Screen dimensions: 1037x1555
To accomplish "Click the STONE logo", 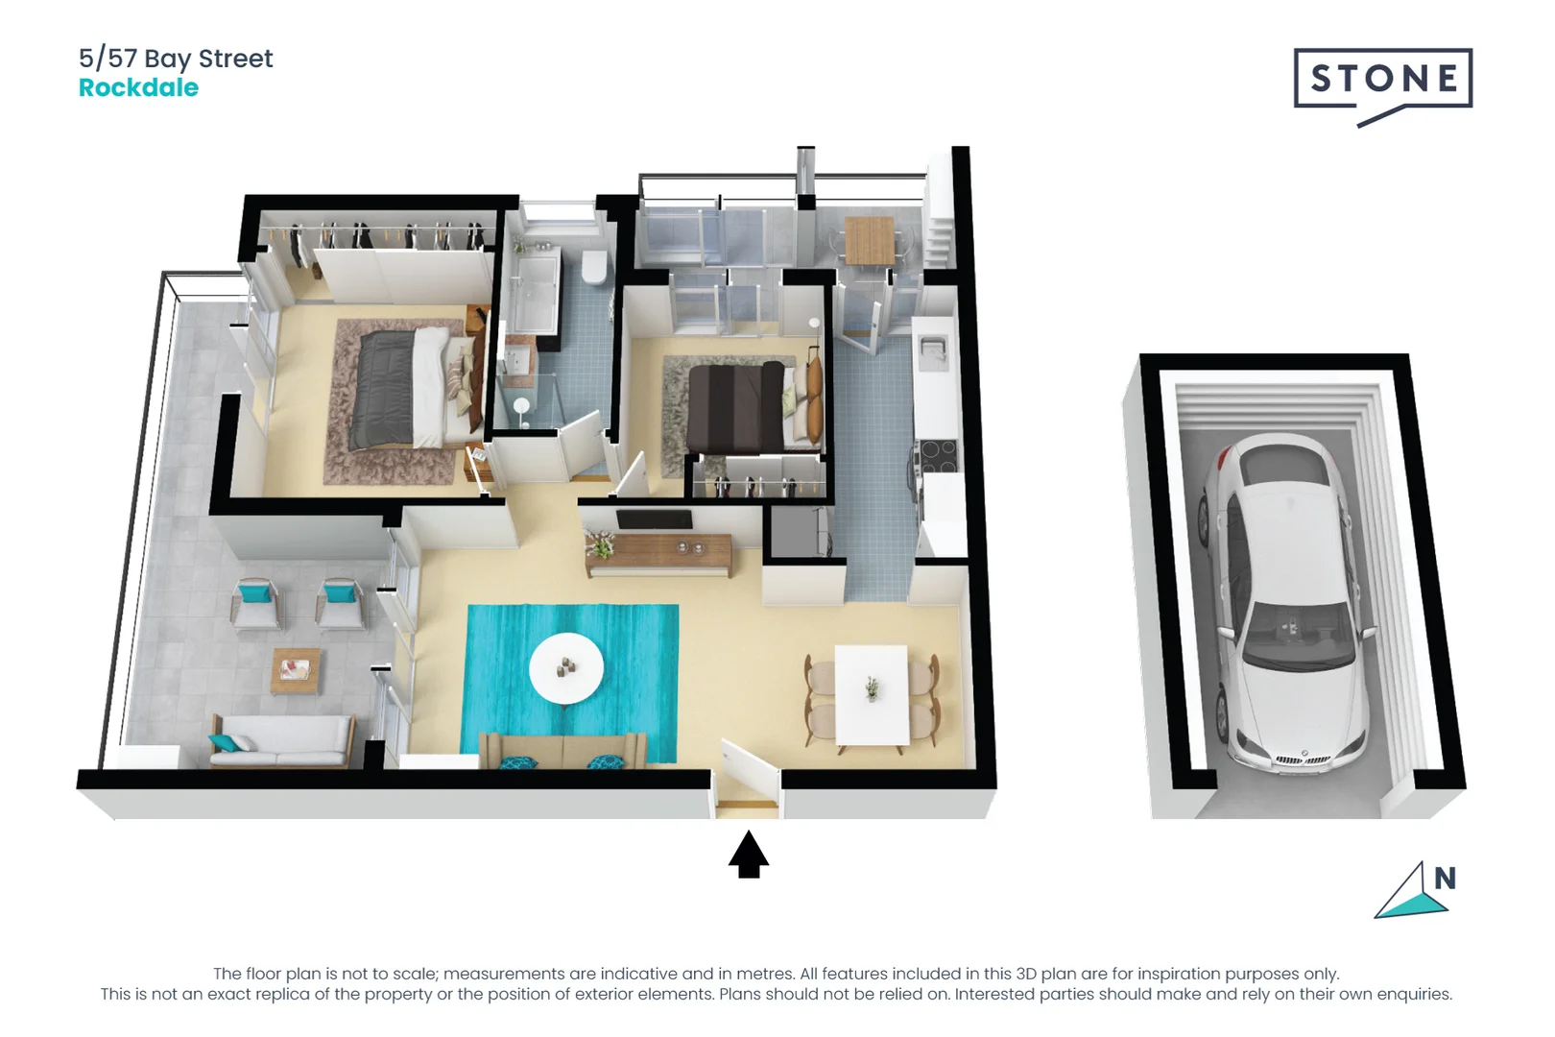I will point(1382,80).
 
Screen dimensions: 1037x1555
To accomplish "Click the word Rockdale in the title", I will point(138,88).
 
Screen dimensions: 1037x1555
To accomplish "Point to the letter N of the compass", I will point(1445,878).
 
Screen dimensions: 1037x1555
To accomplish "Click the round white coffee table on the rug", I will point(566,667).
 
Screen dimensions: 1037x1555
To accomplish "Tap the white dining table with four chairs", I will point(872,694).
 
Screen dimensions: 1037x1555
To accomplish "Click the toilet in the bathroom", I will point(595,267).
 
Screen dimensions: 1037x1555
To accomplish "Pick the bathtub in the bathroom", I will point(534,292).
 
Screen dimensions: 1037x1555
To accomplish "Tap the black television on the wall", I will point(654,519).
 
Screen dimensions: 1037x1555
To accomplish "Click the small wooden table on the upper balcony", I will point(869,240).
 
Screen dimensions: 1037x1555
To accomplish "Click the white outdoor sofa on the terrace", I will point(281,740).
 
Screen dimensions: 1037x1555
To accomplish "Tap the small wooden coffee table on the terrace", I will point(296,669).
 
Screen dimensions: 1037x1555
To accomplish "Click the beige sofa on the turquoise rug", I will point(563,750).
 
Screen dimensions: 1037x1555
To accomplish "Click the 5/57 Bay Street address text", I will point(176,59).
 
